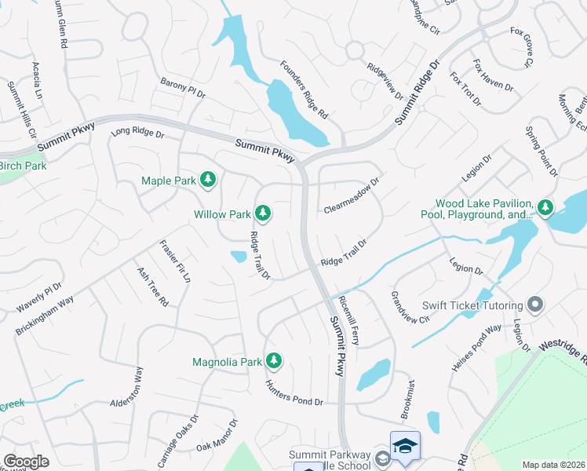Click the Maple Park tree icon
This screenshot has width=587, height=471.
(208, 181)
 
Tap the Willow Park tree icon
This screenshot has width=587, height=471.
(263, 213)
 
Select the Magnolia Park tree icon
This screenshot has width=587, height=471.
(273, 361)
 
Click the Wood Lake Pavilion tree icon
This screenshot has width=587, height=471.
(545, 208)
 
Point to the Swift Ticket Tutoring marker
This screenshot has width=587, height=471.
(536, 305)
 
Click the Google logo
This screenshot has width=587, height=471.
(26, 462)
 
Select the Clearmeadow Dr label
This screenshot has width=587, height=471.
(352, 195)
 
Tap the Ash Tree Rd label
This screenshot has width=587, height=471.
(153, 287)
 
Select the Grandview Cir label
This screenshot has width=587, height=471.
(410, 308)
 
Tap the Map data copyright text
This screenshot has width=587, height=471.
(554, 465)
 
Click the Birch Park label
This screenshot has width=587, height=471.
(23, 166)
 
